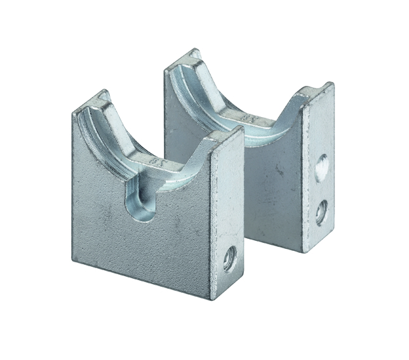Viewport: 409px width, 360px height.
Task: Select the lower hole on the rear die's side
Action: pyautogui.click(x=321, y=212)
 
